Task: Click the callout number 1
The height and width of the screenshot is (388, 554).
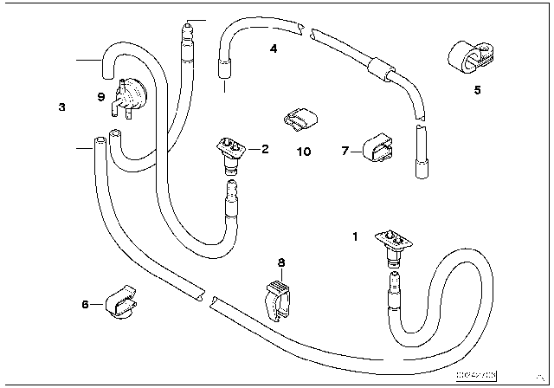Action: coord(354,234)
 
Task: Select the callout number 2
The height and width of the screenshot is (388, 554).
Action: coord(265,149)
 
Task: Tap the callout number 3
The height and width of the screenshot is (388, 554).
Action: coord(61,107)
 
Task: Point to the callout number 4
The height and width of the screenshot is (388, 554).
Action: coord(274,49)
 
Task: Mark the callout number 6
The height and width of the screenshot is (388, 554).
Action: coord(85,303)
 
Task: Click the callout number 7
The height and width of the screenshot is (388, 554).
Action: coord(344,151)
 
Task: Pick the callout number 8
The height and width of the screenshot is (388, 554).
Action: coord(280,262)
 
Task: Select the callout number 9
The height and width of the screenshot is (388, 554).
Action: coord(101,97)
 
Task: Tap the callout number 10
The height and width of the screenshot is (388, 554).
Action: coord(302,152)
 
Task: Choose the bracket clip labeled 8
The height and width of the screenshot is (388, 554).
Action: coord(278,296)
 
